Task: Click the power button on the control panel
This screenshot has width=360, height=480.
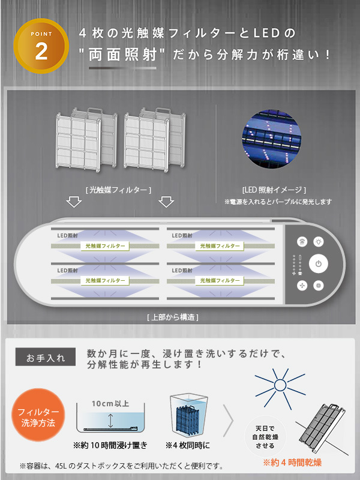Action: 319,263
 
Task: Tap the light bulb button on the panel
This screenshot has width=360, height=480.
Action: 319,241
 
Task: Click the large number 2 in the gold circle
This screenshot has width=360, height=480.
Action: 41,52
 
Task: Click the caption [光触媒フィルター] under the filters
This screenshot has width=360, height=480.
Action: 118,190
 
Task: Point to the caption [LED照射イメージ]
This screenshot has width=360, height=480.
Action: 274,190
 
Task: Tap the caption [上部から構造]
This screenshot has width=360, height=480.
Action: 172,316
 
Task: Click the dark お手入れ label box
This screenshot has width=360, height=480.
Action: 45,358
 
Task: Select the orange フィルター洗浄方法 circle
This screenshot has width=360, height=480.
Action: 37,416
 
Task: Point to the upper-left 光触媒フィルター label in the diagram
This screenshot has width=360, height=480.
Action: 104,246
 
